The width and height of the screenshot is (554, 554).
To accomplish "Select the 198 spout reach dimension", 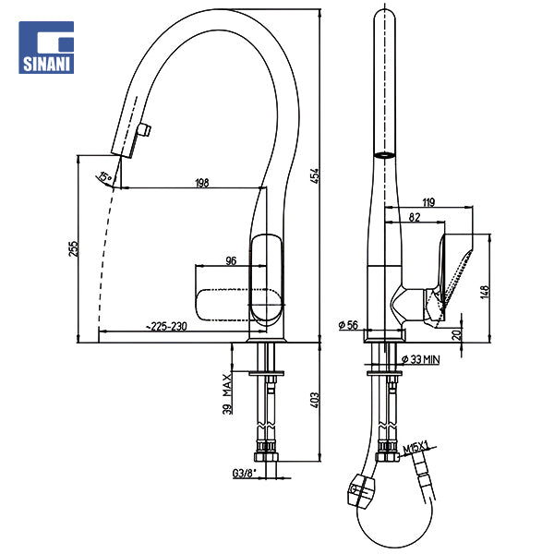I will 201,183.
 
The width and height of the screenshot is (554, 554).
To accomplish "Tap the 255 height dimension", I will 74,249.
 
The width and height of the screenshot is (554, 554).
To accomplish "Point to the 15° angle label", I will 106,176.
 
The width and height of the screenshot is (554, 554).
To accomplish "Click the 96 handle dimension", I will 231,260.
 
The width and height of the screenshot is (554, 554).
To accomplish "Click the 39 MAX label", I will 227,391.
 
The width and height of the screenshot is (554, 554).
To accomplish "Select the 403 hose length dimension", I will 314,399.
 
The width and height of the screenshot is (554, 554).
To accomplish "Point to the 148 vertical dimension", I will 484,294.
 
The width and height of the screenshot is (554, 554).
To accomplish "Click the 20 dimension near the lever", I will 456,335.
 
